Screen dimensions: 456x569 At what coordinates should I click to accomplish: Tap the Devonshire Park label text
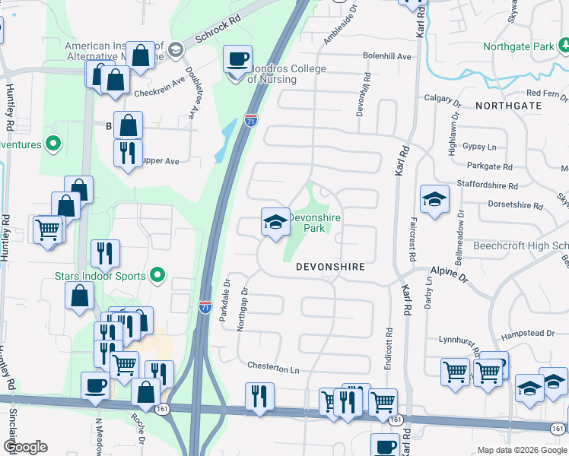pos(315,222)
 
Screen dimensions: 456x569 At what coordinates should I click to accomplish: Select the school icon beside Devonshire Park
pos(275,222)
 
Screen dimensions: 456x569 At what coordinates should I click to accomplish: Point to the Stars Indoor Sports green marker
pos(158,275)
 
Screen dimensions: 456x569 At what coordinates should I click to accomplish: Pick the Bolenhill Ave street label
pos(386,56)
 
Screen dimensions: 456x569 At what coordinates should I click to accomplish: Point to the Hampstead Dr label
pos(528,334)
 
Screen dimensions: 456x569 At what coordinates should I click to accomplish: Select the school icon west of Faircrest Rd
pos(434,199)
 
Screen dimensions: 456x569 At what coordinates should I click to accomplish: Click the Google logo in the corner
pos(24,447)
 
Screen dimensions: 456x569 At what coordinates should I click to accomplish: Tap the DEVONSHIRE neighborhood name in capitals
pos(330,268)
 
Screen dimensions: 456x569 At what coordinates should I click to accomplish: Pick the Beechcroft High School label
pos(520,245)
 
